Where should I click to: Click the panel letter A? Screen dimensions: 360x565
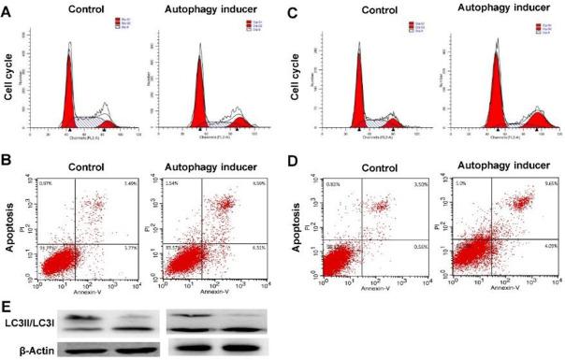[7, 14]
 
